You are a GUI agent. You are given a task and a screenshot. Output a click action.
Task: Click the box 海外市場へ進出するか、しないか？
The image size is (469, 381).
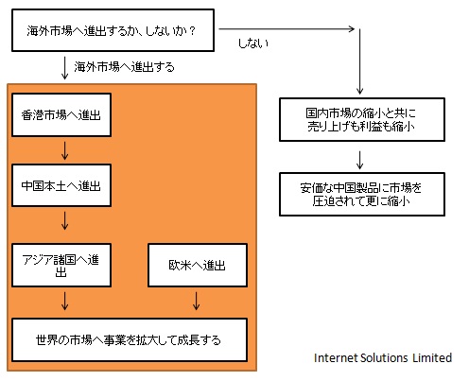tap(113, 30)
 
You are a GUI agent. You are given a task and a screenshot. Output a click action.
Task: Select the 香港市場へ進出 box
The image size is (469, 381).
tap(61, 114)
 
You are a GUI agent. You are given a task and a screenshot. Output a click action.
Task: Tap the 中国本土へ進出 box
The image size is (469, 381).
tap(61, 185)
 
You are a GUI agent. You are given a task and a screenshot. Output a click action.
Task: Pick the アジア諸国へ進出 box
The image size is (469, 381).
tap(61, 265)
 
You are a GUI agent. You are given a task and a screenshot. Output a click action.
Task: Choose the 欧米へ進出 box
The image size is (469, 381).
tap(198, 265)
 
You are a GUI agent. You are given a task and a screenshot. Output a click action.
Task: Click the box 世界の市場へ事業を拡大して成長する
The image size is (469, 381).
tap(130, 339)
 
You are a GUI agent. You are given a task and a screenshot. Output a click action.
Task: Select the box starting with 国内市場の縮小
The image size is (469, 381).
tap(362, 119)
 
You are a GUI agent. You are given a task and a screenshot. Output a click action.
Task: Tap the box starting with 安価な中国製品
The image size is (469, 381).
tap(362, 194)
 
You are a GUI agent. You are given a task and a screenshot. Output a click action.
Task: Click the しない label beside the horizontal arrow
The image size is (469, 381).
tap(253, 43)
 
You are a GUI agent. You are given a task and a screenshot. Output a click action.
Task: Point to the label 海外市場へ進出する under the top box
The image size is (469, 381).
tap(124, 67)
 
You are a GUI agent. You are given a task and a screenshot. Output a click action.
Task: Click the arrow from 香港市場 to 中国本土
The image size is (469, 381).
tap(65, 150)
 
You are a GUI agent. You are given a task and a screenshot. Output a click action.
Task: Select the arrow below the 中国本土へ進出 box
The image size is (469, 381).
tap(65, 220)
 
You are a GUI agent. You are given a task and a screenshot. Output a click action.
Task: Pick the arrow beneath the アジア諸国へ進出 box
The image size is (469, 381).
tap(65, 301)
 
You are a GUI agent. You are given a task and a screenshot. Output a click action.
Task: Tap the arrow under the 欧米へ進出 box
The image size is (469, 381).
tap(197, 301)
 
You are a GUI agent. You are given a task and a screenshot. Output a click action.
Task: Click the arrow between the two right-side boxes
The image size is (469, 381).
tap(359, 161)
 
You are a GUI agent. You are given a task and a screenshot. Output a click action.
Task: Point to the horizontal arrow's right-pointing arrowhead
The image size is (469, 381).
tap(352, 29)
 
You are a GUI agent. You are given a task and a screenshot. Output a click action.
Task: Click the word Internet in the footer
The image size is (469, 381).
tap(336, 357)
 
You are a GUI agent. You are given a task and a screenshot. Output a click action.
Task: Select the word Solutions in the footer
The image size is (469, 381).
tap(384, 357)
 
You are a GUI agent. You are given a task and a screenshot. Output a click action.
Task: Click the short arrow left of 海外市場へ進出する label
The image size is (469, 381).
tap(65, 68)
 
